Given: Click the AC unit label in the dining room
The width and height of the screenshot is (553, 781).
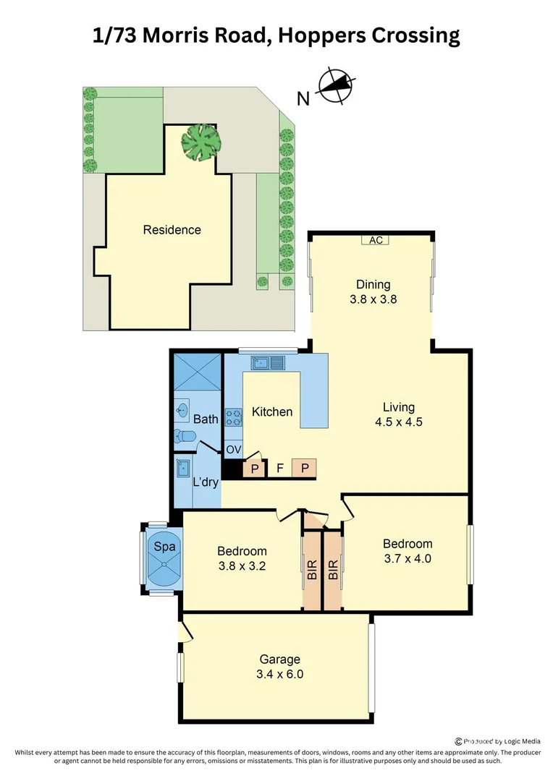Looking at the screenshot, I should click(x=376, y=240).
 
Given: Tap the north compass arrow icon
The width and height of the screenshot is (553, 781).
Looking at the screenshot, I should click(x=335, y=86).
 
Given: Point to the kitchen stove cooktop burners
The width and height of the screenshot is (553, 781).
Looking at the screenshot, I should click(x=234, y=417).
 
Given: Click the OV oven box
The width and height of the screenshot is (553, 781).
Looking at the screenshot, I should click(x=233, y=450).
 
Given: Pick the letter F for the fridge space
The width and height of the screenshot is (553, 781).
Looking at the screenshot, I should click(x=279, y=468).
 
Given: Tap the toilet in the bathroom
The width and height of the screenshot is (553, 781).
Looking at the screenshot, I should click(x=185, y=436).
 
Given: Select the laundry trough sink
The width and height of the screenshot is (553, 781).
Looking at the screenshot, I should click(x=182, y=468).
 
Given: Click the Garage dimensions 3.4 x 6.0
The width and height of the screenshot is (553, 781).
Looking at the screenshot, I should click(x=280, y=674).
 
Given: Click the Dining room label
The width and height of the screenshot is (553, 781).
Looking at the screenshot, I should click(x=373, y=284).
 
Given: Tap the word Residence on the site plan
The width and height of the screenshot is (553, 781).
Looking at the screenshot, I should click(x=172, y=230).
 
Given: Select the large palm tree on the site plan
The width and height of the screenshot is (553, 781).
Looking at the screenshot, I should click(x=200, y=142).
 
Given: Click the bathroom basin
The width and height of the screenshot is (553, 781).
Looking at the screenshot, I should click(x=182, y=411).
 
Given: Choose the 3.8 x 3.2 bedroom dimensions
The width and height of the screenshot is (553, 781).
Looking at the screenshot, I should click(x=242, y=566).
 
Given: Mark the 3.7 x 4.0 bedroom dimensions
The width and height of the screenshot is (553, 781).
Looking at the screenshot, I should click(x=408, y=558).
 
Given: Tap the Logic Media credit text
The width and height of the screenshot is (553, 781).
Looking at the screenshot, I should click(x=515, y=741).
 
